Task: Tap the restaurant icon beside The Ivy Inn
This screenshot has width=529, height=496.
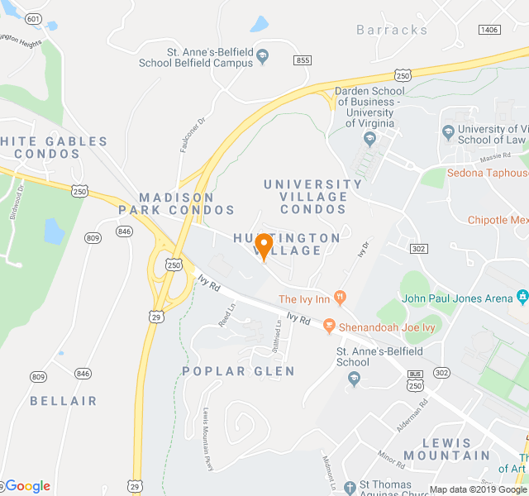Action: point(339,298)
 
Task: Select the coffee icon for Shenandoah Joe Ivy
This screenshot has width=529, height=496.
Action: point(329,326)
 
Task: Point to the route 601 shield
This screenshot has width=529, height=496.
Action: point(33,19)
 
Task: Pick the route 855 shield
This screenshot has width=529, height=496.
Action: point(303,60)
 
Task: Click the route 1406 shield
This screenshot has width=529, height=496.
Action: point(488,30)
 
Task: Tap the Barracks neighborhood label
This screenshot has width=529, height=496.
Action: point(393,30)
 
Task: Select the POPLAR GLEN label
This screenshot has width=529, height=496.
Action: point(238,371)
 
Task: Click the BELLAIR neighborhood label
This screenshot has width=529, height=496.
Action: point(64,401)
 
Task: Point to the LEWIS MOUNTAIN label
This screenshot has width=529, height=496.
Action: point(456,449)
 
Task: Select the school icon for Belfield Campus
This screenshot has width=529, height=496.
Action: point(263,56)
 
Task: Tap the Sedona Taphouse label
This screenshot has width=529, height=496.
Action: point(488,173)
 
